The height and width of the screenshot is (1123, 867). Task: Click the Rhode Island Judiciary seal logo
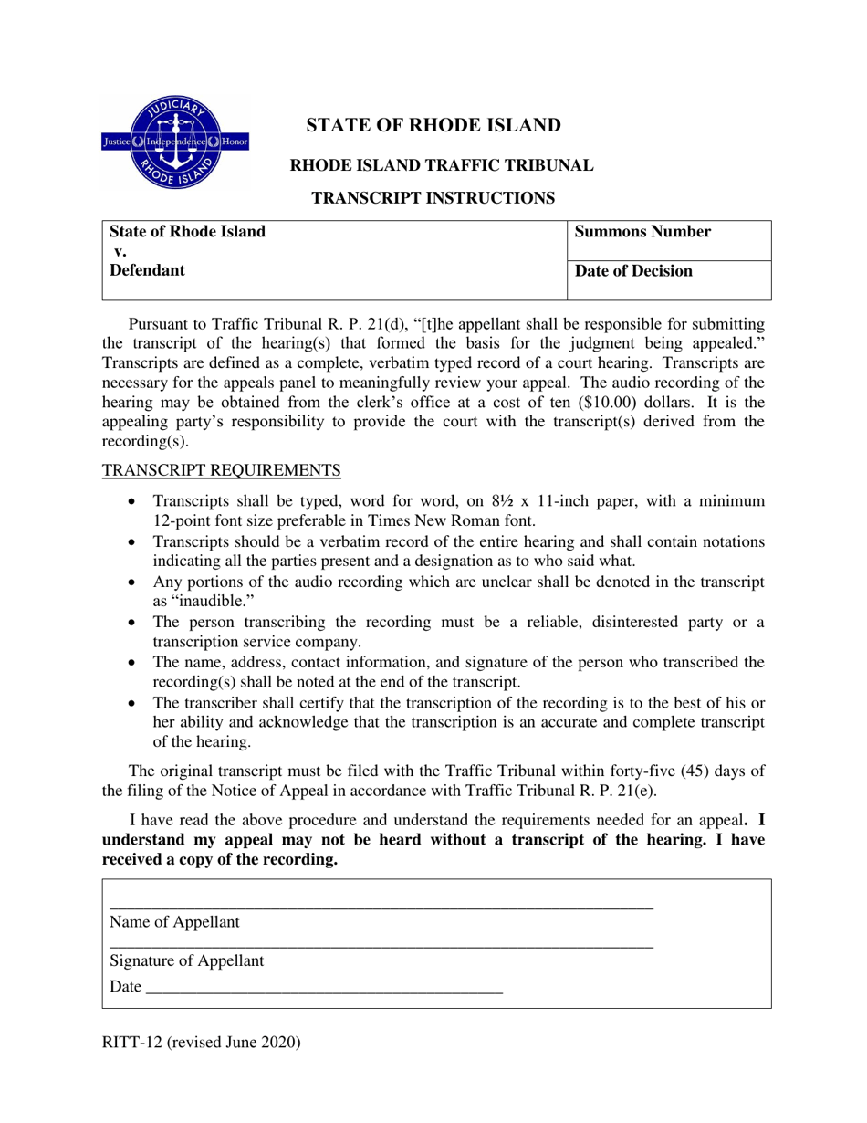point(173,142)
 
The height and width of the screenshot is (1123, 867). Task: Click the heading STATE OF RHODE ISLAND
point(433,125)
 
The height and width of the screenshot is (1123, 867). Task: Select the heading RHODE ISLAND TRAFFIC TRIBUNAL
point(442,165)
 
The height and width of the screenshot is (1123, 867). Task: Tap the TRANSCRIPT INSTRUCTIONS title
point(433,197)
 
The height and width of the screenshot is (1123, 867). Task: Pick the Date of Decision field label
point(633,271)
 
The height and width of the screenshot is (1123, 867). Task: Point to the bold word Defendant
point(147,270)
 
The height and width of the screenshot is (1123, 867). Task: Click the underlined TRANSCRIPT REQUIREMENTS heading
point(221,470)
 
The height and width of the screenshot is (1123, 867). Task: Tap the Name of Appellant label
point(174,922)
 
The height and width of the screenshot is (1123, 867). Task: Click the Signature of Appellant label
point(186,960)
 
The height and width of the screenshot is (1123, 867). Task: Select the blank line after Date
point(324,989)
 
